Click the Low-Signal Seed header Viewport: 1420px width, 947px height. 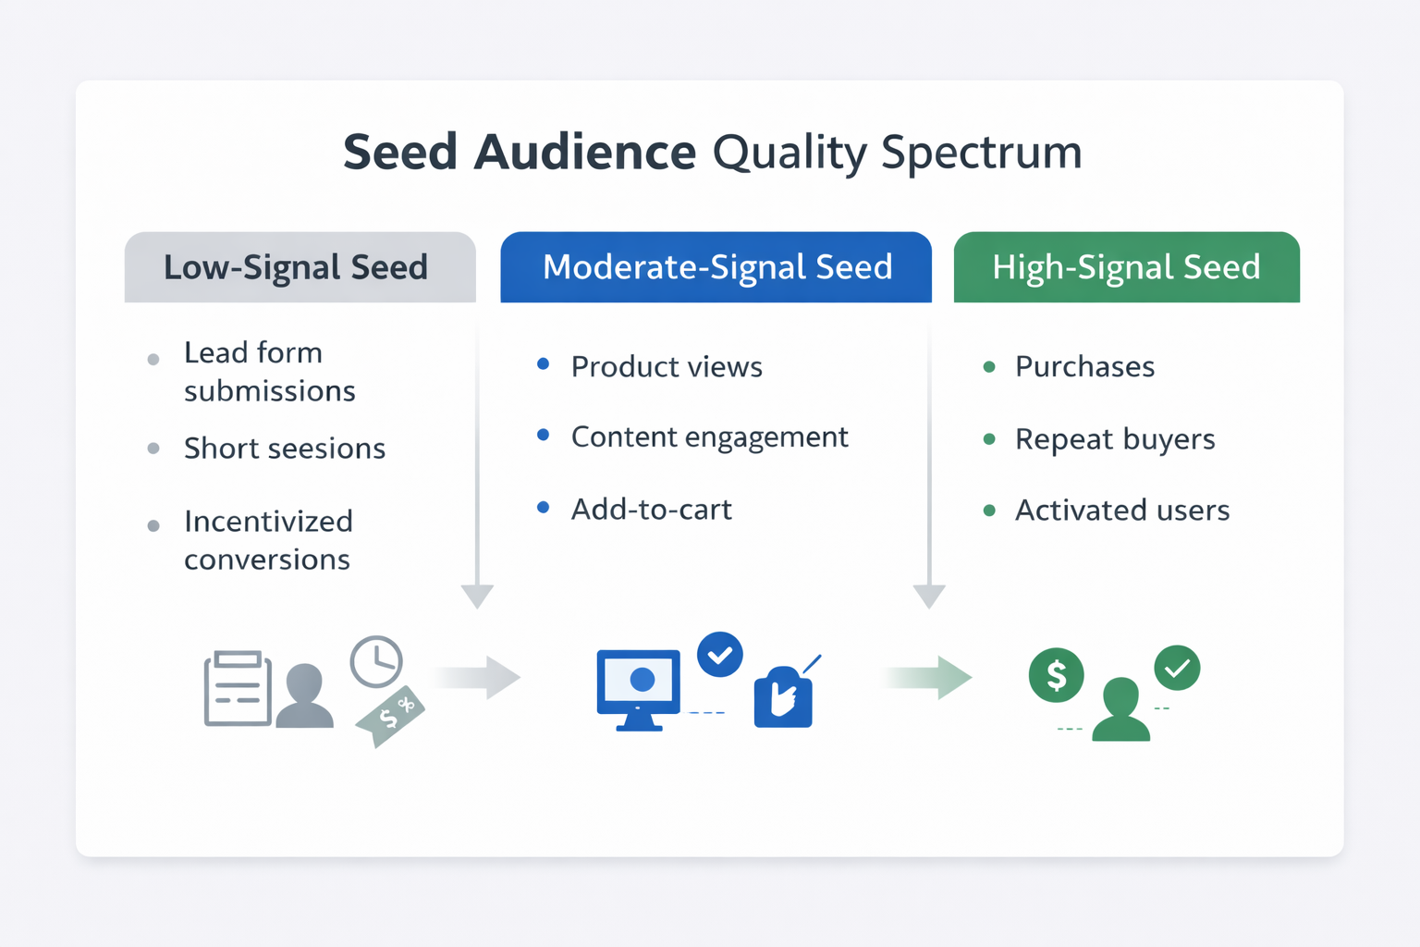[296, 267]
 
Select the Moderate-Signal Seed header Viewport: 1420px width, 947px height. [717, 267]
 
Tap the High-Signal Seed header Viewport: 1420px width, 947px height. [1126, 267]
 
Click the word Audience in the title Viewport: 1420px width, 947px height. [584, 153]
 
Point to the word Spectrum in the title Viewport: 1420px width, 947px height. [981, 153]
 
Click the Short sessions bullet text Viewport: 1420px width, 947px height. [285, 449]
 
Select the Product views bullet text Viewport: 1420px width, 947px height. [667, 367]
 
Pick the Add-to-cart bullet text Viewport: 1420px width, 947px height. [652, 510]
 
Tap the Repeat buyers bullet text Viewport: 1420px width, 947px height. [1115, 439]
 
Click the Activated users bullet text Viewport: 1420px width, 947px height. [1122, 510]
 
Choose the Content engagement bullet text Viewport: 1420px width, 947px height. [710, 437]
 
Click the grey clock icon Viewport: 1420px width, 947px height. [376, 661]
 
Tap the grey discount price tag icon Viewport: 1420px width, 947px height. [390, 715]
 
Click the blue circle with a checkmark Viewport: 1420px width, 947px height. [720, 655]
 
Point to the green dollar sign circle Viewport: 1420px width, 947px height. [1056, 675]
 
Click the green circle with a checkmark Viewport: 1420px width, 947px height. [1177, 668]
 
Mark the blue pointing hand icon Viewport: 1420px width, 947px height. [783, 698]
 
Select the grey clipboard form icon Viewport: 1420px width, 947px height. [238, 689]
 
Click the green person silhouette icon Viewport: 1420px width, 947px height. [1121, 710]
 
